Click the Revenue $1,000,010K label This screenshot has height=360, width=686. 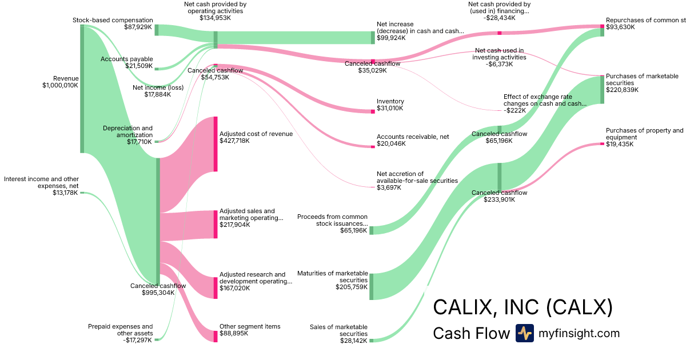point(60,82)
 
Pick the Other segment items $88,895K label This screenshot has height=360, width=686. point(250,330)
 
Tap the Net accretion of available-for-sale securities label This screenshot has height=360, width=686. point(417,180)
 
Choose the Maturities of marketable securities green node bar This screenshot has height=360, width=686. point(371,286)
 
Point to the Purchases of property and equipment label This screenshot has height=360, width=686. point(644,134)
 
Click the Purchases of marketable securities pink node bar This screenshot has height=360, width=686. point(602,89)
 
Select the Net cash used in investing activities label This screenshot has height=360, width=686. point(498,57)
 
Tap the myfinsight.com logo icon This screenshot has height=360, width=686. point(524,333)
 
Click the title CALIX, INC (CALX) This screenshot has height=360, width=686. point(523,307)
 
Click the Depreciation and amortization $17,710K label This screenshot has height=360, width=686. point(127,134)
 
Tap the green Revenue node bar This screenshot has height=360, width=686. point(82,89)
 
